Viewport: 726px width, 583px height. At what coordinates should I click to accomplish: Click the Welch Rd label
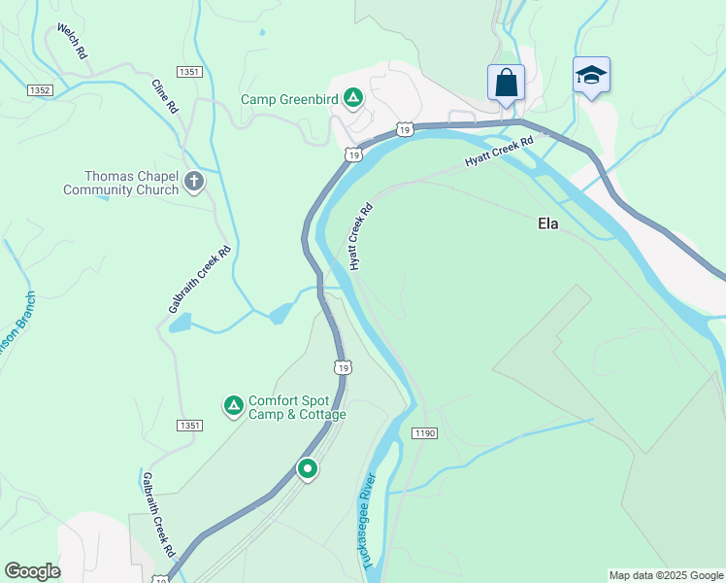click(x=72, y=43)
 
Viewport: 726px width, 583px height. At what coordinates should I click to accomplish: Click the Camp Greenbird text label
click(x=291, y=98)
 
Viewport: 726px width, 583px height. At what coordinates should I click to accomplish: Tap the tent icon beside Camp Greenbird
click(x=354, y=97)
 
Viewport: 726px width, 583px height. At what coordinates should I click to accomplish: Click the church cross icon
click(x=194, y=181)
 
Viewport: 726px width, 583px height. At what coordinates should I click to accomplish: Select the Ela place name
click(x=548, y=223)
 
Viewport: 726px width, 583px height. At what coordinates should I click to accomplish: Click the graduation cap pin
click(x=591, y=75)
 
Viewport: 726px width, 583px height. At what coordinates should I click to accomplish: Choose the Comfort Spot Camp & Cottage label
click(x=297, y=407)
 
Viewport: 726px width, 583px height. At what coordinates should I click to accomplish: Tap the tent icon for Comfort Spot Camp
click(x=233, y=405)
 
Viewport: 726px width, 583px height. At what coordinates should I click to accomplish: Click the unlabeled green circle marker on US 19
click(x=308, y=470)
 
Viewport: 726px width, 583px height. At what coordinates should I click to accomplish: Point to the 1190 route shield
click(x=423, y=432)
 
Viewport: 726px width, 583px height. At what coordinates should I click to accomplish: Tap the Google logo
click(x=32, y=571)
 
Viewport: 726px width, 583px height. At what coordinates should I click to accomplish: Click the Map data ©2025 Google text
click(x=666, y=575)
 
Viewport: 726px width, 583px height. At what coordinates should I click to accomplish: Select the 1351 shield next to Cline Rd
click(x=189, y=72)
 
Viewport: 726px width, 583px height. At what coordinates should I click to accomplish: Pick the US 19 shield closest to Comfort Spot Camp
click(x=341, y=366)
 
